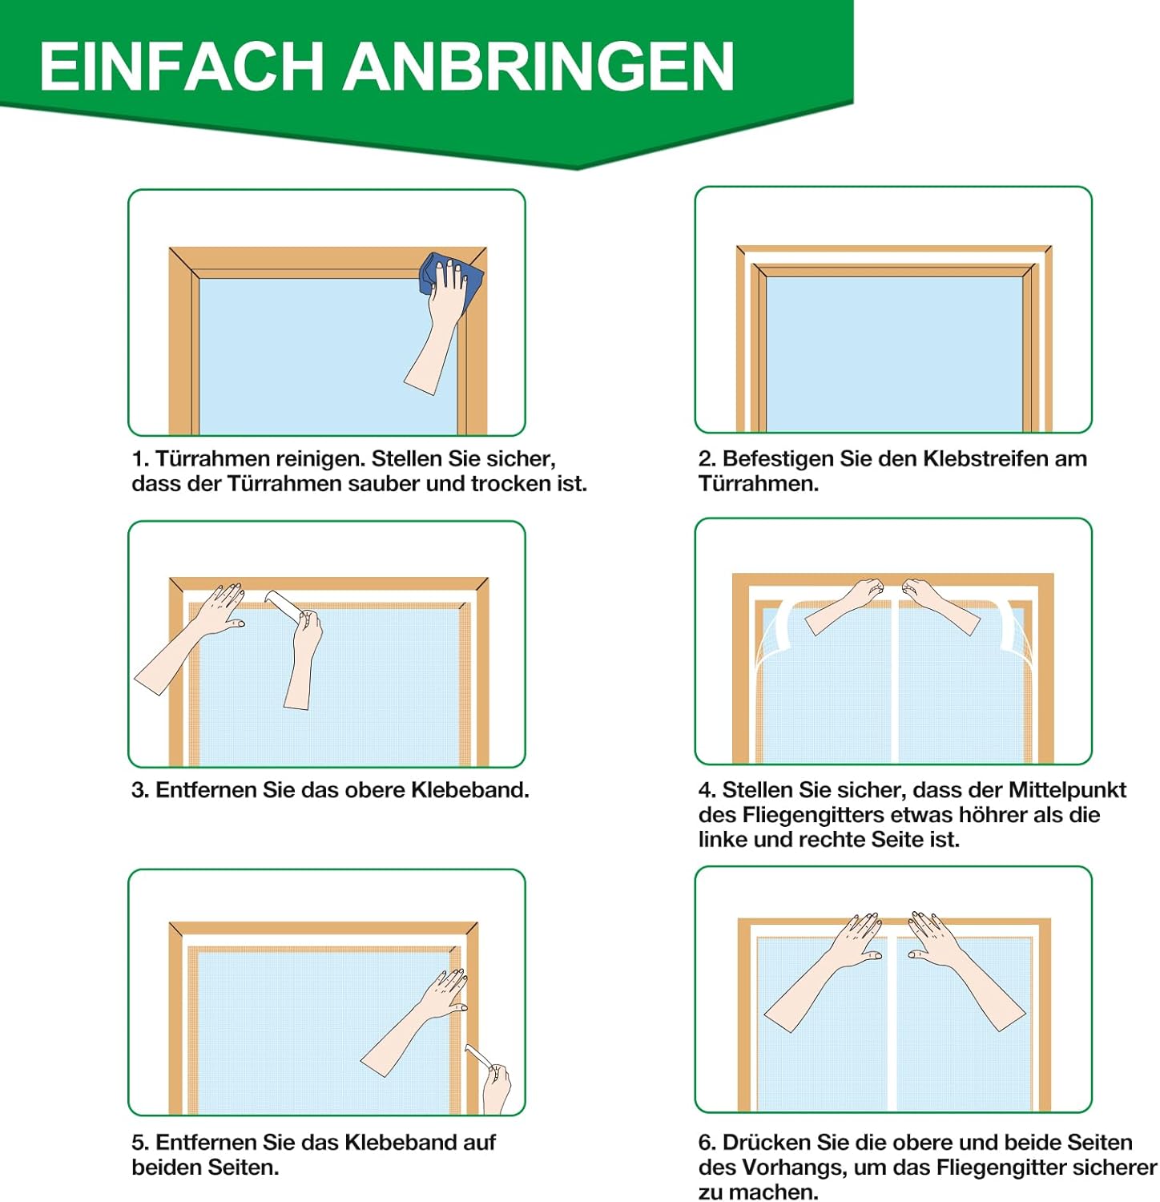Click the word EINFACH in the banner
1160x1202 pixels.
(x=181, y=67)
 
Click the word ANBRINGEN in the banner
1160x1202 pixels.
(x=539, y=67)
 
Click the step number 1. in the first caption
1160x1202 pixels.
(x=140, y=459)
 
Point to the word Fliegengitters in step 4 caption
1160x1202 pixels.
(x=817, y=815)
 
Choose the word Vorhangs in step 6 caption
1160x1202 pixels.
(x=793, y=1168)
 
